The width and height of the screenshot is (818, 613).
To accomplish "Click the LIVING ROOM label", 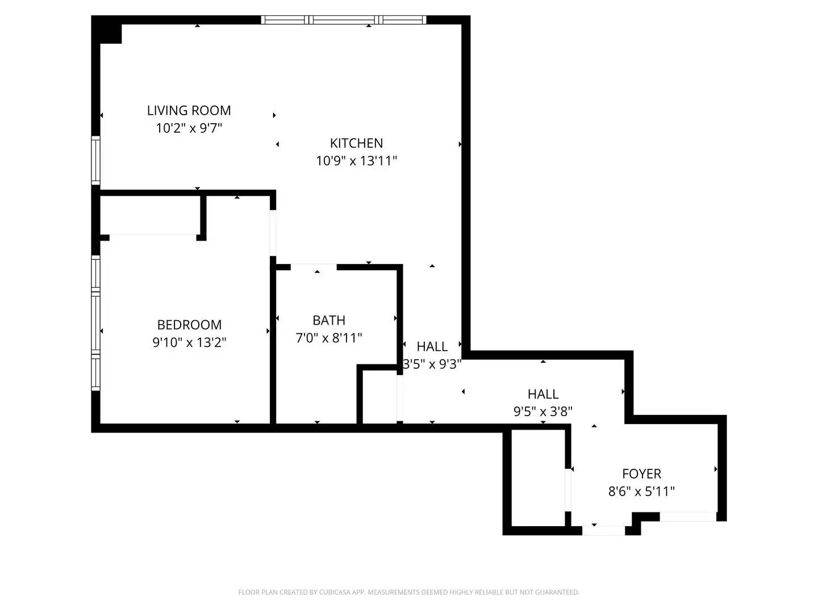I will (189, 111).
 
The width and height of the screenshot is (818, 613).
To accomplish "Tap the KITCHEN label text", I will (356, 143).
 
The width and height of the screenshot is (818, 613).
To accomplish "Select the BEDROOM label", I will (189, 325).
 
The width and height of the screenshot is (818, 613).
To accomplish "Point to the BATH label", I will (329, 320).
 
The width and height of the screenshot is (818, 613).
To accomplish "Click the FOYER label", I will (641, 474).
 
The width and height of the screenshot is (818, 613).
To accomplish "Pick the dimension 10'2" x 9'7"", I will (189, 128).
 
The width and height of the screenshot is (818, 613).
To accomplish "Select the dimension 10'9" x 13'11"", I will (356, 161).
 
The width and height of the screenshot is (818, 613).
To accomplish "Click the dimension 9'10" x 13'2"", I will (189, 342).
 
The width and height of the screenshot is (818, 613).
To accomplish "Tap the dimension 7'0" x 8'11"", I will (329, 338).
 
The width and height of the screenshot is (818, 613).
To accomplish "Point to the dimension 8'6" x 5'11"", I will (641, 492).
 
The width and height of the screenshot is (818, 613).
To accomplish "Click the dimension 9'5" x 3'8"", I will (542, 412).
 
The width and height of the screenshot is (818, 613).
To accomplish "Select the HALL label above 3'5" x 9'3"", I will (432, 346).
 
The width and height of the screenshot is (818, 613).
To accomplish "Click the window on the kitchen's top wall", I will (343, 20).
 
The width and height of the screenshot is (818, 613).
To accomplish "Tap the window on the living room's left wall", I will (96, 160).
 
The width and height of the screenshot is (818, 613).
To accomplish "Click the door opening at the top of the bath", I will (314, 267).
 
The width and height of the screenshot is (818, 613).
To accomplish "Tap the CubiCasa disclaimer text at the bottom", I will (408, 593).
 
